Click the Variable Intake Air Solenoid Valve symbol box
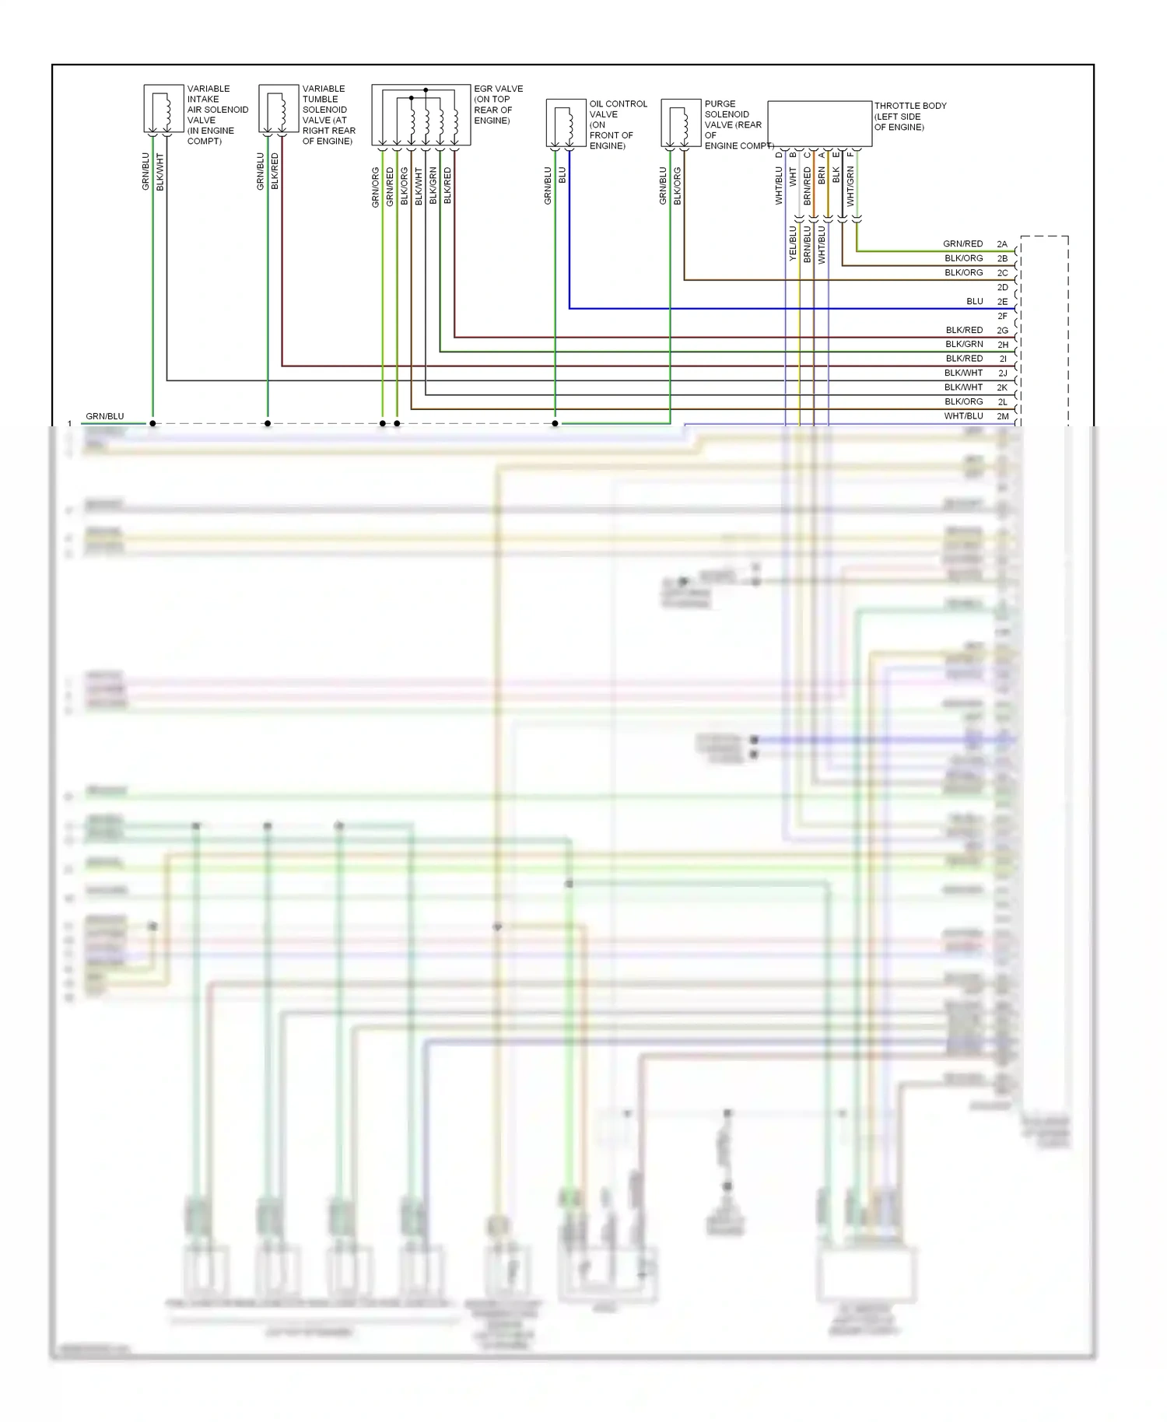click(163, 108)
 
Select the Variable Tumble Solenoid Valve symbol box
click(279, 108)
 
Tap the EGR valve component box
click(421, 115)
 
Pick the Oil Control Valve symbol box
click(566, 122)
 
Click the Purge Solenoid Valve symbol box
click(681, 122)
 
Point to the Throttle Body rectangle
click(819, 123)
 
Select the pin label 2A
click(1002, 244)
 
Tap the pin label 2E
click(1002, 302)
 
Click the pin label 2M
click(1003, 416)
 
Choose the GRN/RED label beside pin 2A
click(962, 244)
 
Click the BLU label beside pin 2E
click(974, 302)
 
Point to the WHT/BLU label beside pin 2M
click(963, 416)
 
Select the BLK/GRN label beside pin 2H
click(964, 345)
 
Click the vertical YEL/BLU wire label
click(793, 243)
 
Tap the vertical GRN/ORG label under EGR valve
click(376, 187)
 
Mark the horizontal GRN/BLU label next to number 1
click(104, 416)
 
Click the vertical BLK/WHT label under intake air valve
click(160, 172)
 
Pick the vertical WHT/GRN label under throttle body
click(850, 187)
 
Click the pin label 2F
click(1002, 316)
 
